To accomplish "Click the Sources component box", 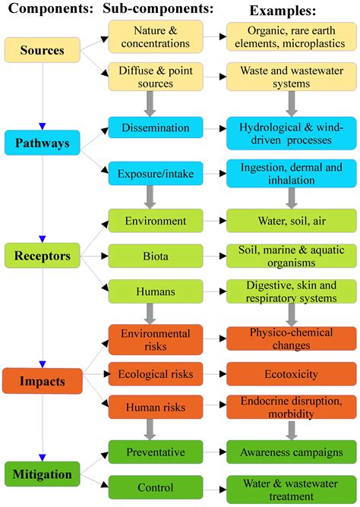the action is click(x=42, y=50).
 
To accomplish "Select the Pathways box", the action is click(x=42, y=143).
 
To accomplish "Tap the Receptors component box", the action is click(x=42, y=256).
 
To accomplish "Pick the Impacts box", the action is click(x=42, y=381).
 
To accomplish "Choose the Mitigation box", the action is click(x=42, y=474).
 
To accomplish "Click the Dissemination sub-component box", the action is click(x=156, y=128).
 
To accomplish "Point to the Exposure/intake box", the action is click(x=156, y=174).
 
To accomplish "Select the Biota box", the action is click(x=156, y=256).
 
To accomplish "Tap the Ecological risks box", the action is click(x=156, y=374).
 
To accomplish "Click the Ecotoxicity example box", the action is click(x=292, y=374).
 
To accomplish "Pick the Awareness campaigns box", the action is click(x=292, y=452).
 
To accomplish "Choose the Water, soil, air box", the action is click(x=292, y=221).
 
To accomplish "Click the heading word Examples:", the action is click(x=283, y=11).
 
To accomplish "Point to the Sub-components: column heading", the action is click(x=158, y=9).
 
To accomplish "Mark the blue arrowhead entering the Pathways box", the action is click(x=43, y=127).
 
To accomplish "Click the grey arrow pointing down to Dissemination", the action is click(x=150, y=103).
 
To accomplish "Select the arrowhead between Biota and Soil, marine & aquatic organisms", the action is click(x=223, y=256).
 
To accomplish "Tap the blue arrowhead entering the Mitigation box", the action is click(x=43, y=458).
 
